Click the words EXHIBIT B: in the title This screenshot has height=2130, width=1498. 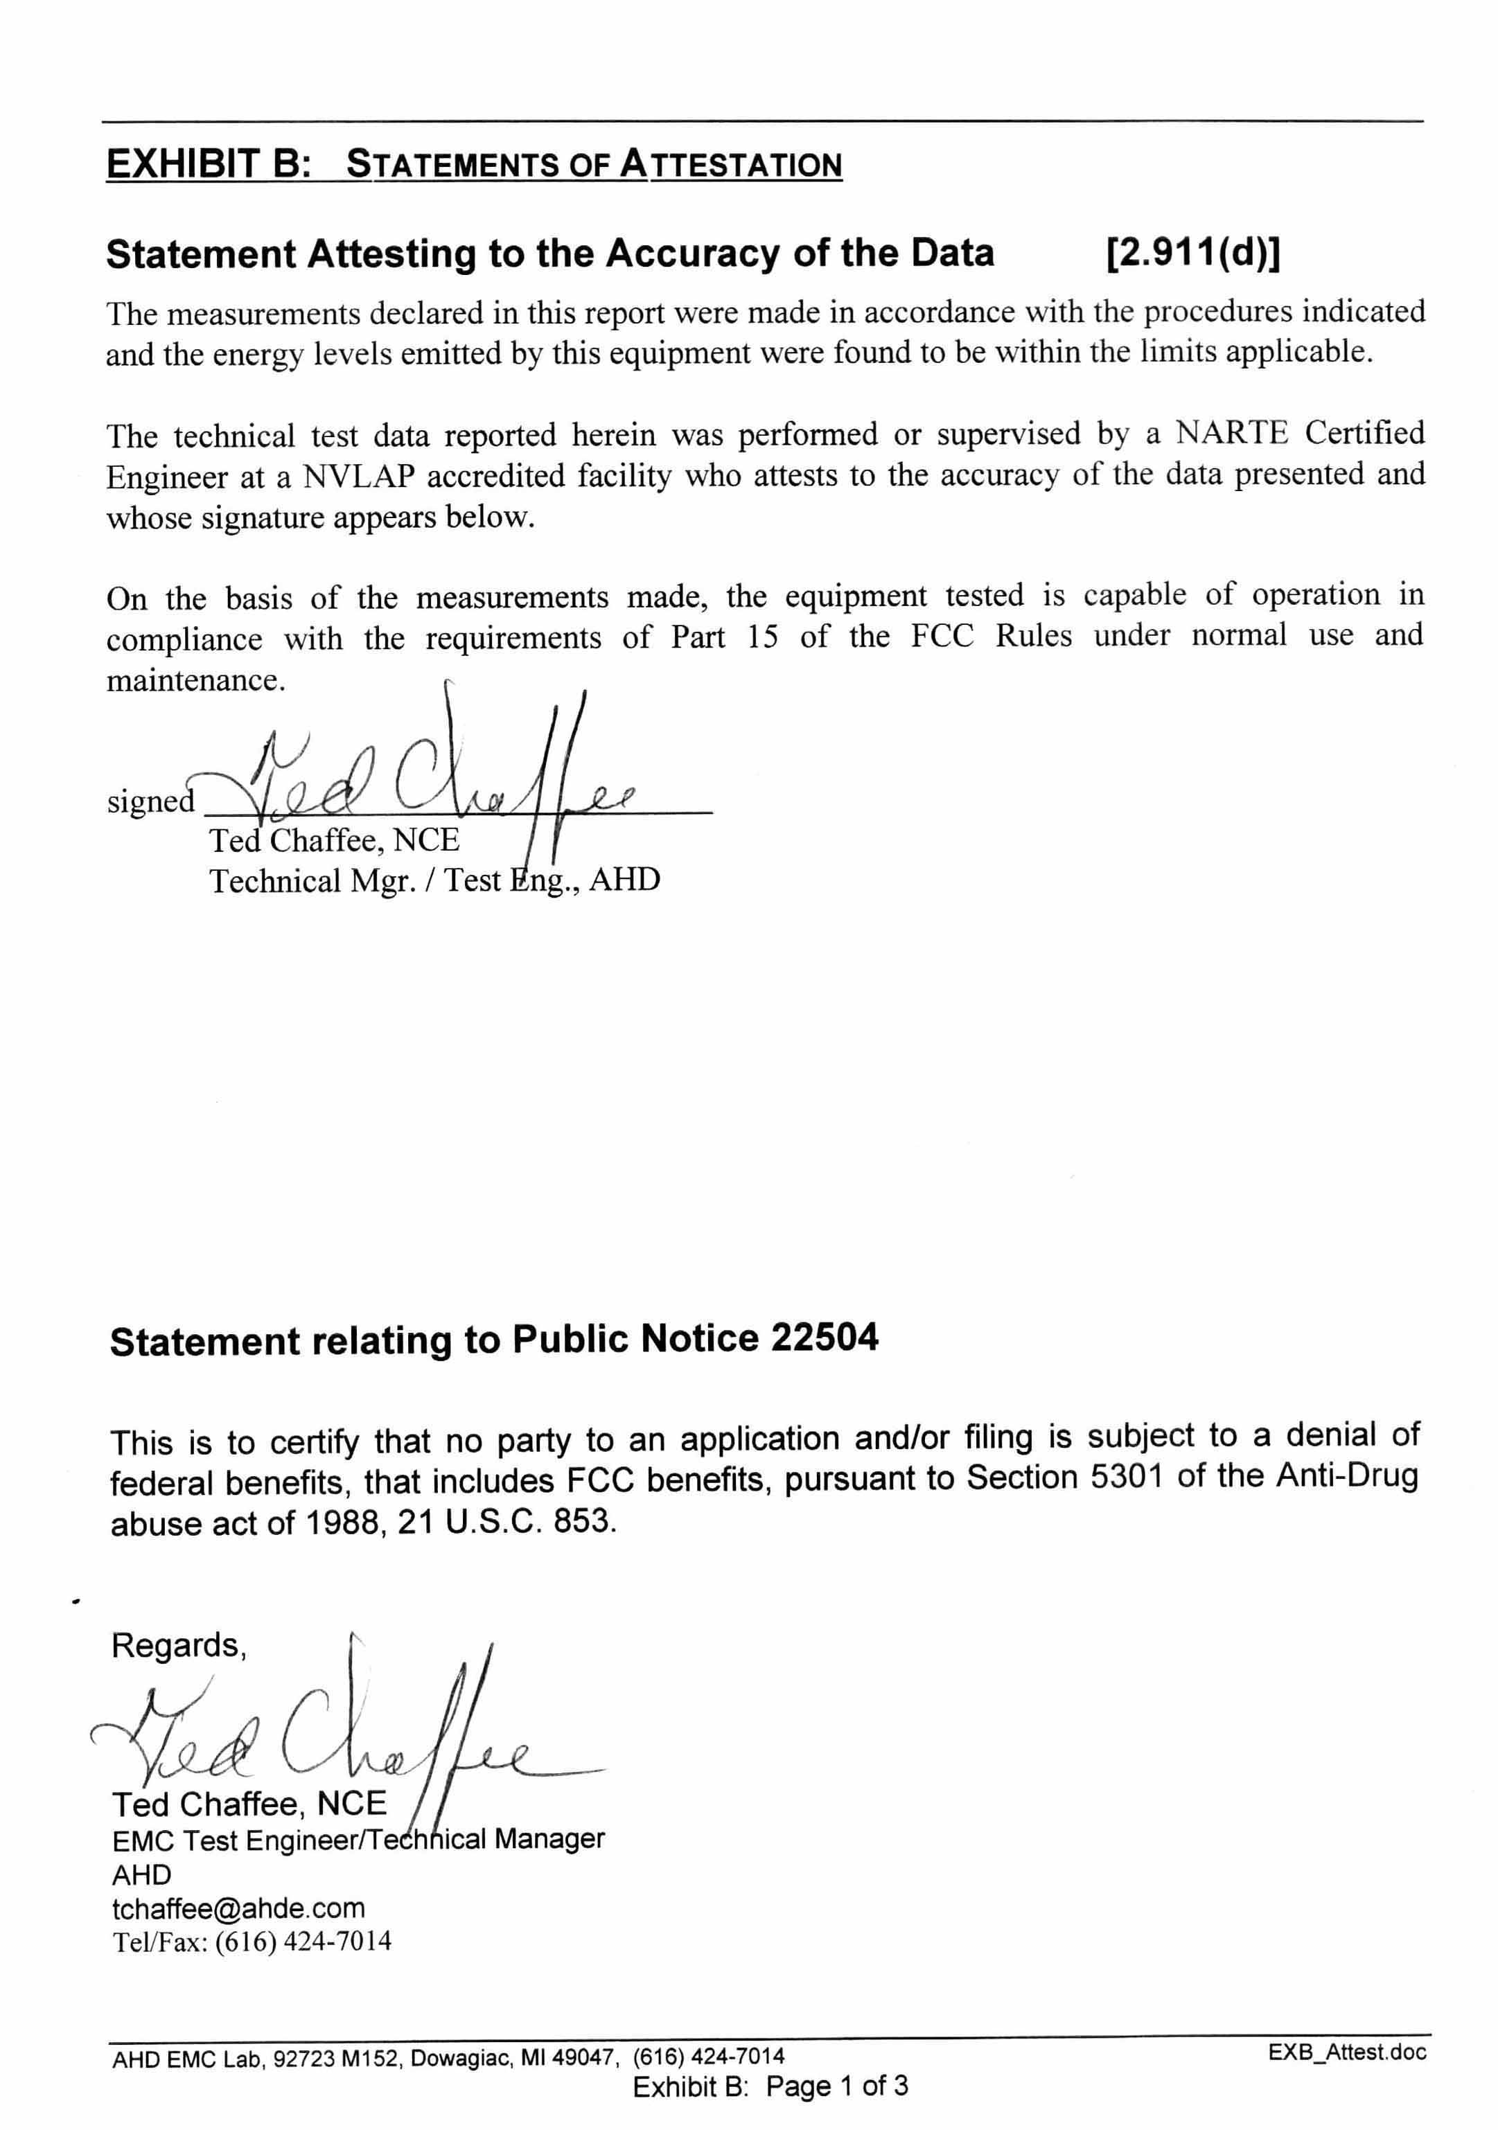click(208, 164)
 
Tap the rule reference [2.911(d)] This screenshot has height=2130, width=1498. click(1192, 254)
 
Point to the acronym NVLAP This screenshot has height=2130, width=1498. click(358, 477)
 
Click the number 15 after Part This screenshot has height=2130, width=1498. click(762, 637)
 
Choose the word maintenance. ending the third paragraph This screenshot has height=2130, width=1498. click(196, 681)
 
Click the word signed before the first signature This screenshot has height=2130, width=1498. click(150, 801)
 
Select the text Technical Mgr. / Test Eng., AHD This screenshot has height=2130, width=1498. click(434, 880)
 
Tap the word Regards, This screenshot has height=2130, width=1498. click(179, 1646)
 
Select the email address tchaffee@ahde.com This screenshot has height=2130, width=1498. click(238, 1908)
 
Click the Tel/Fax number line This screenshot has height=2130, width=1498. click(252, 1942)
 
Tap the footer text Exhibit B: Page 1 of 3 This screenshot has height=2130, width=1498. click(770, 2086)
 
